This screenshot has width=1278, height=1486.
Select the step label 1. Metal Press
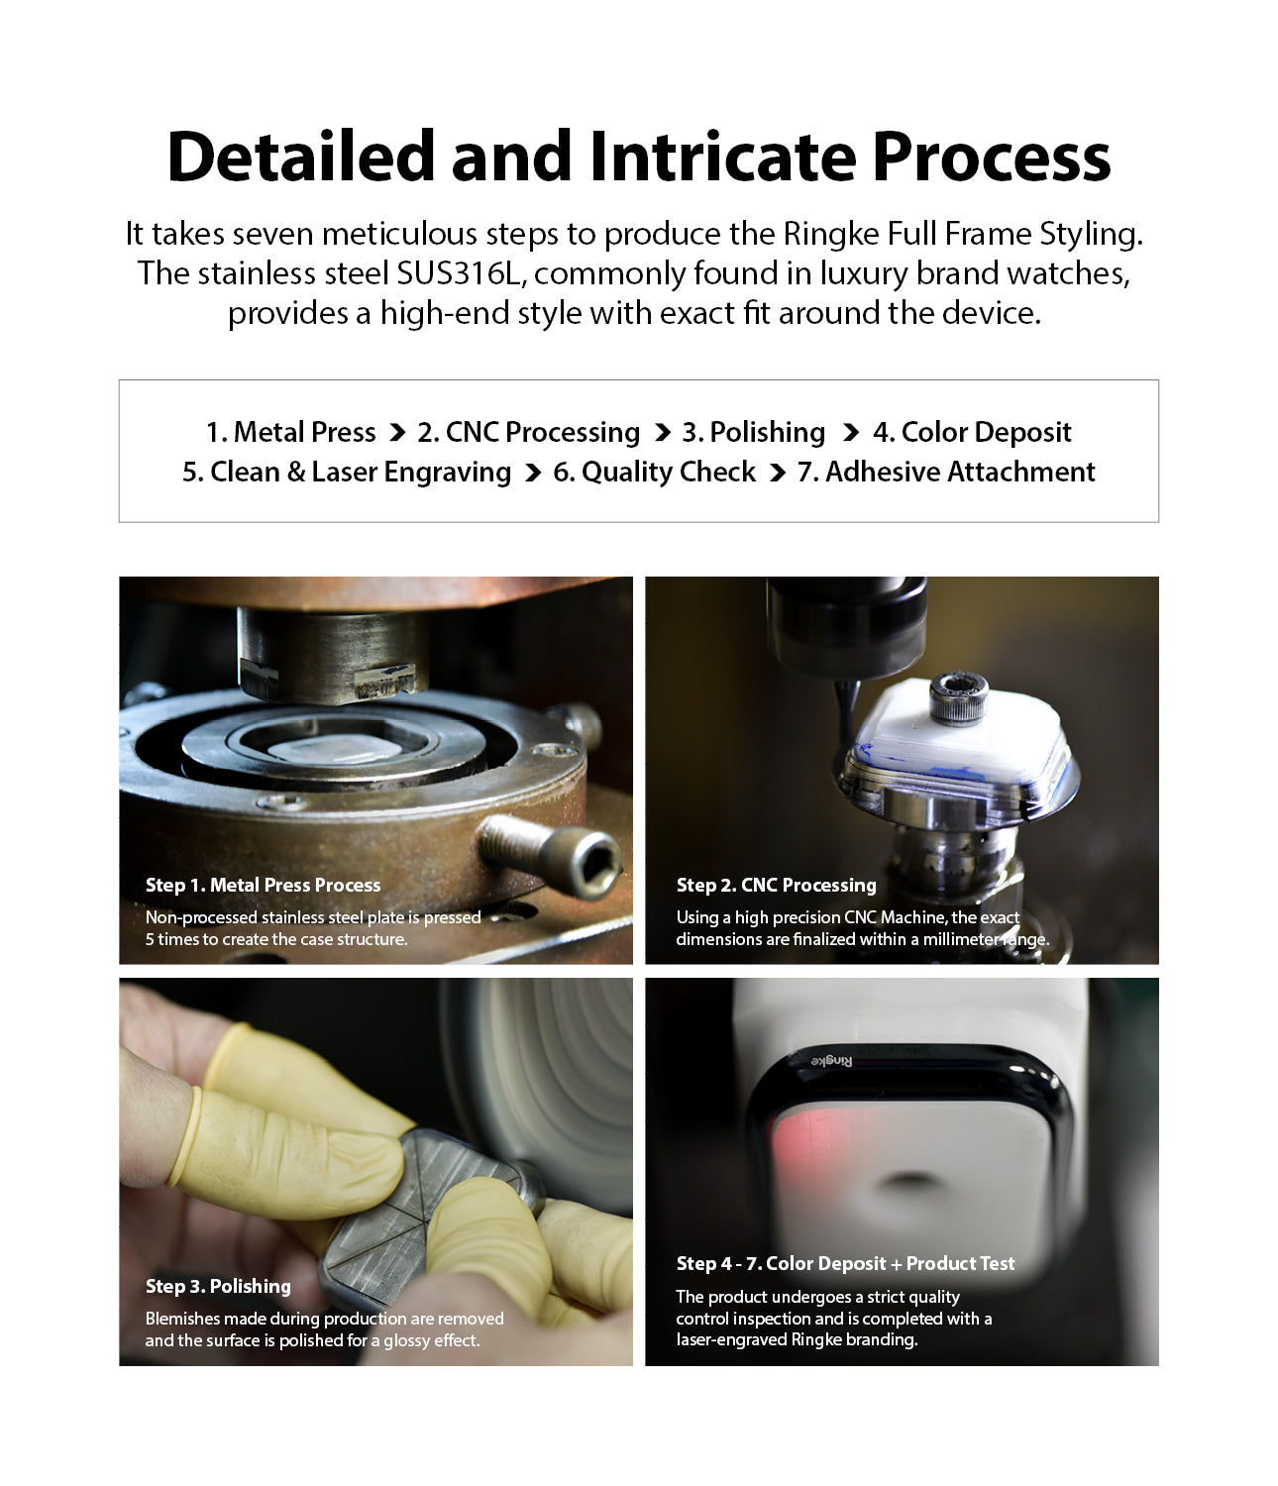point(290,432)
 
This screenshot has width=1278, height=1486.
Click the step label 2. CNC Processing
point(528,432)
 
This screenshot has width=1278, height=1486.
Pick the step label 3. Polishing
point(753,432)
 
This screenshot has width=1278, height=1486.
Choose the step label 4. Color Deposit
point(971,432)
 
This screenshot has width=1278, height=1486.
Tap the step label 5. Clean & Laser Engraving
point(346,472)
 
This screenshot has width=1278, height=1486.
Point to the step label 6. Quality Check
point(654,472)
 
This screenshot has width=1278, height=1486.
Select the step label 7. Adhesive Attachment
point(945,472)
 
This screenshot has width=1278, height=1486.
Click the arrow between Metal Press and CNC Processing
point(397,433)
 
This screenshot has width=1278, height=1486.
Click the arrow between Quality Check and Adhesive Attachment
point(777,473)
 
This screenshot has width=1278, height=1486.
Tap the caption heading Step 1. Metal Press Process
point(263,885)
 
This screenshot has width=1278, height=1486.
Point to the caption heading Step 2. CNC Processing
point(776,885)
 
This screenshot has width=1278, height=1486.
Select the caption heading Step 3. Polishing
point(218,1286)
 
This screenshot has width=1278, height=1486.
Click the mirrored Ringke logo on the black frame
point(832,1061)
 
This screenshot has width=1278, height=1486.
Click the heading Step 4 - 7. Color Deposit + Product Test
point(845,1263)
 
